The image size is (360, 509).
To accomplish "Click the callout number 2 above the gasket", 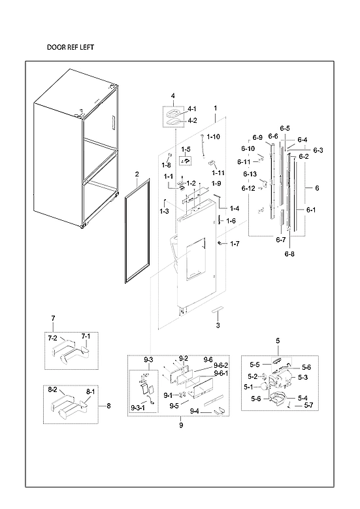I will tap(137, 174).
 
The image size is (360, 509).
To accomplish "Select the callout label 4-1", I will tap(192, 108).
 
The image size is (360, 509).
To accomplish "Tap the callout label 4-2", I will tap(192, 120).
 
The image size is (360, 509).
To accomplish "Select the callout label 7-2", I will tap(52, 338).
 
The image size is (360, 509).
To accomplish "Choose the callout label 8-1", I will tap(90, 391).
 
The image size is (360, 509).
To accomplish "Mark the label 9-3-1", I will tap(138, 408).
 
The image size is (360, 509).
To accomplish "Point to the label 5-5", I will tap(255, 364).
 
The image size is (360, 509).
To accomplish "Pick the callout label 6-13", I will tap(250, 174).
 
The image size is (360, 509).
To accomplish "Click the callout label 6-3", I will tap(318, 150).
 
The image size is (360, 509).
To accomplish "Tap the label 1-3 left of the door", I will tap(164, 211).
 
